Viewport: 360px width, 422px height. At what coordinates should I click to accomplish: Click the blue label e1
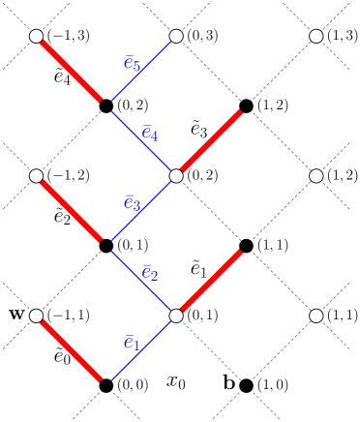pyautogui.click(x=133, y=344)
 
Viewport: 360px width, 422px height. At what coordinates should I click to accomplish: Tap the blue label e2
pyautogui.click(x=150, y=274)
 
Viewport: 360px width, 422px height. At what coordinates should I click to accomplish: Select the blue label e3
pyautogui.click(x=133, y=204)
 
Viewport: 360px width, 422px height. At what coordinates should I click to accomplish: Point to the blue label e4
pyautogui.click(x=150, y=134)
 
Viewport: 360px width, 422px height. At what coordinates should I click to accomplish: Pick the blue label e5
pyautogui.click(x=133, y=64)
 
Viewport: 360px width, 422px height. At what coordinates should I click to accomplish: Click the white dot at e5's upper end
pyautogui.click(x=176, y=36)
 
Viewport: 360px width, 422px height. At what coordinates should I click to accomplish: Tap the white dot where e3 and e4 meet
pyautogui.click(x=176, y=176)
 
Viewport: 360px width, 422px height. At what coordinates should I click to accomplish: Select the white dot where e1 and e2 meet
pyautogui.click(x=176, y=316)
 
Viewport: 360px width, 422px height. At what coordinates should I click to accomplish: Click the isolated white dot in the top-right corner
pyautogui.click(x=316, y=36)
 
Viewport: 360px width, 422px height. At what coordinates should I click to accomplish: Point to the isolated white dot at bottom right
pyautogui.click(x=316, y=316)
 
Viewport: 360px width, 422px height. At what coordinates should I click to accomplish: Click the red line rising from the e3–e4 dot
pyautogui.click(x=209, y=143)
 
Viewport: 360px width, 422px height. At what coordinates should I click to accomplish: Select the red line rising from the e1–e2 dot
pyautogui.click(x=209, y=283)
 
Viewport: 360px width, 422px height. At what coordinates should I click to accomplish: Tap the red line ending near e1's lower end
pyautogui.click(x=70, y=348)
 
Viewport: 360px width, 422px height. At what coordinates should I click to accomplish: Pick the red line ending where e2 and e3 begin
pyautogui.click(x=70, y=209)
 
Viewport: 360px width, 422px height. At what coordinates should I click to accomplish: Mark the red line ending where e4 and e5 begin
pyautogui.click(x=70, y=69)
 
